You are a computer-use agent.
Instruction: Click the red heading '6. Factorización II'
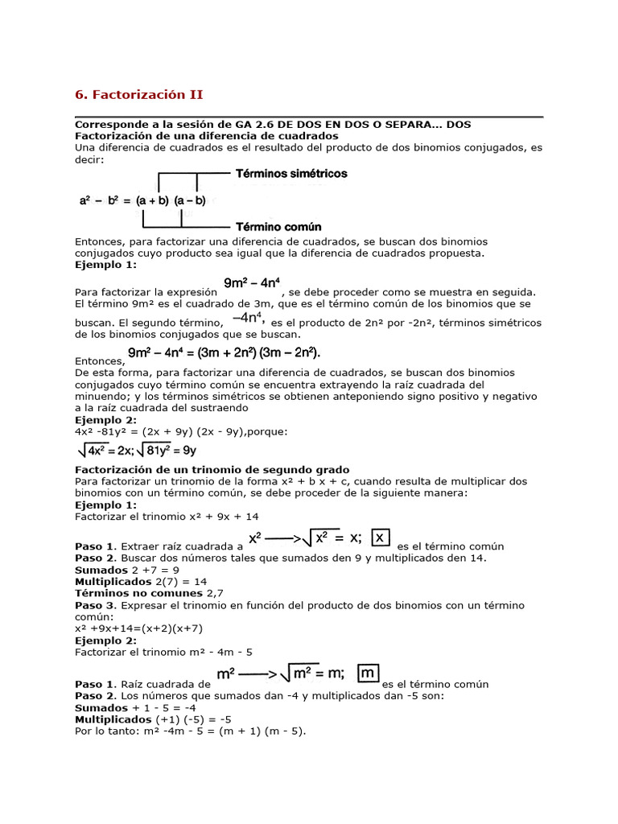(x=139, y=95)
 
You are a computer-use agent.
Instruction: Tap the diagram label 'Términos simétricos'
(x=290, y=174)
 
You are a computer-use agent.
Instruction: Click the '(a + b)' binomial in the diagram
(x=151, y=200)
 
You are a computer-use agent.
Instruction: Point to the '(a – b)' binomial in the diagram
(x=190, y=200)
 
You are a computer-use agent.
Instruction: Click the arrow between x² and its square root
(x=285, y=538)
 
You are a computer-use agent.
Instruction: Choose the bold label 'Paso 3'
(x=95, y=605)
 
